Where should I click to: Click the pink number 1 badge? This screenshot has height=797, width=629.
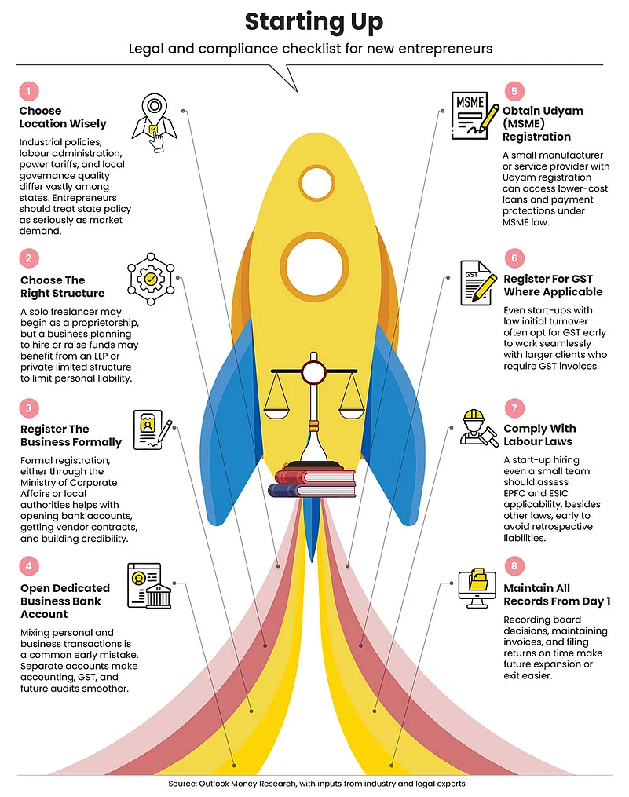(29, 92)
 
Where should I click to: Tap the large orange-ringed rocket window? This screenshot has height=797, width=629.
(315, 265)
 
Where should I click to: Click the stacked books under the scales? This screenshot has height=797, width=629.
(313, 480)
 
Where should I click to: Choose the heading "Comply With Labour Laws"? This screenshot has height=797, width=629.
(539, 435)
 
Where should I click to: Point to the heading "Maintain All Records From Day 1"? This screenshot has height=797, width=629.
(557, 594)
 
